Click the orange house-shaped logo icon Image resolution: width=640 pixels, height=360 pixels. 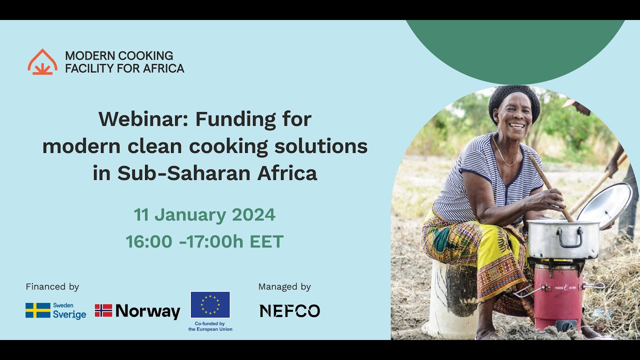[42, 62]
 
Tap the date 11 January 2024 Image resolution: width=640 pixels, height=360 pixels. [204, 215]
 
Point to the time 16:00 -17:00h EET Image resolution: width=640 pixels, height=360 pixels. [204, 242]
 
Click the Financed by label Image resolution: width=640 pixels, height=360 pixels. [52, 287]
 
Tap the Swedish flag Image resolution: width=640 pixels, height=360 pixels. [38, 310]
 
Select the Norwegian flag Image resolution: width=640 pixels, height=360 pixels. [103, 310]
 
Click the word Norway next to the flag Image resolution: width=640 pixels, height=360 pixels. [147, 311]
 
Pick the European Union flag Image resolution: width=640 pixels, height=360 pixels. [210, 305]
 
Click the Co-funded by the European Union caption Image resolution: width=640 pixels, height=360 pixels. [210, 326]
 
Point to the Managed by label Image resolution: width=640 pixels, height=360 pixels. [284, 287]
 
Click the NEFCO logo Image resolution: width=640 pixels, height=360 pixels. [289, 311]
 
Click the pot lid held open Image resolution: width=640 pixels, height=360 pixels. [605, 204]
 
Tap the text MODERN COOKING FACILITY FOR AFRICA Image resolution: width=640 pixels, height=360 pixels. [124, 62]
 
